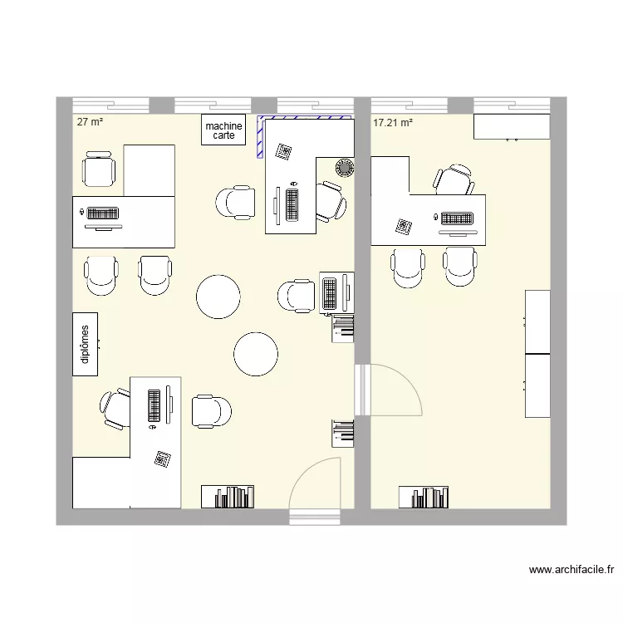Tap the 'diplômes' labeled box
point(86,344)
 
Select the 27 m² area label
point(90,121)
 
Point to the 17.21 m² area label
point(393,123)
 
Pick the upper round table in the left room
point(218,297)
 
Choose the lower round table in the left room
point(256,354)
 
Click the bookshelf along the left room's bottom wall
point(228,497)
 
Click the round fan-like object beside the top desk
point(343,168)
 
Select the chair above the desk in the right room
point(454,180)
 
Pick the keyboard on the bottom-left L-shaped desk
point(155,404)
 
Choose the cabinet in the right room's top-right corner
point(511,126)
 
